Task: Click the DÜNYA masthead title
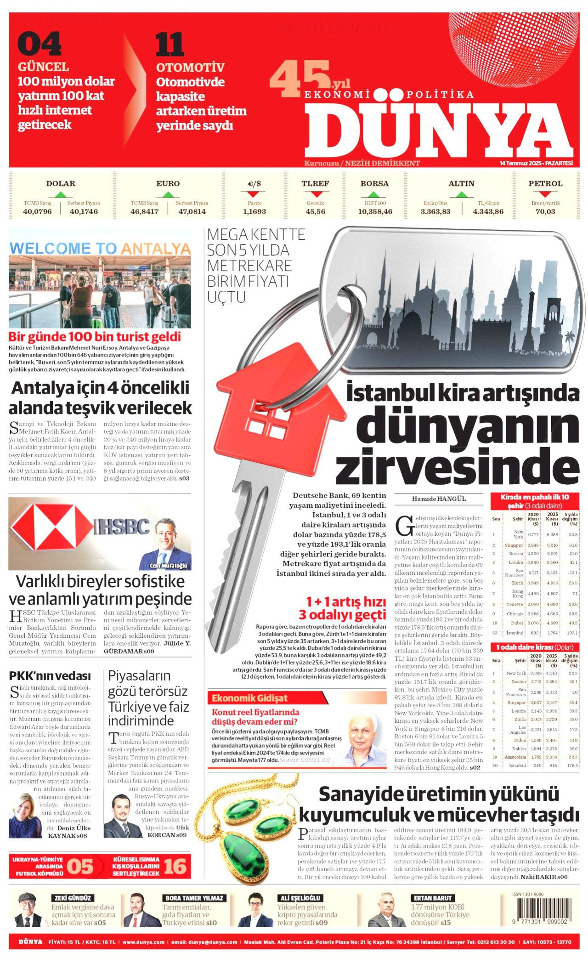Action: coord(439,127)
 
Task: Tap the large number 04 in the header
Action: coord(39,44)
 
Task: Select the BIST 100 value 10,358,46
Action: coord(375,212)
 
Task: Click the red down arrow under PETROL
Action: coord(545,194)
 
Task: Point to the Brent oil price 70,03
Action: coord(545,212)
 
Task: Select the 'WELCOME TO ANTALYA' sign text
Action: coord(100,249)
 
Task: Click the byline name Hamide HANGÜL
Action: coord(439,499)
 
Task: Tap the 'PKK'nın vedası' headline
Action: coord(50,675)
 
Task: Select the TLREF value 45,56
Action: coord(315,212)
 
